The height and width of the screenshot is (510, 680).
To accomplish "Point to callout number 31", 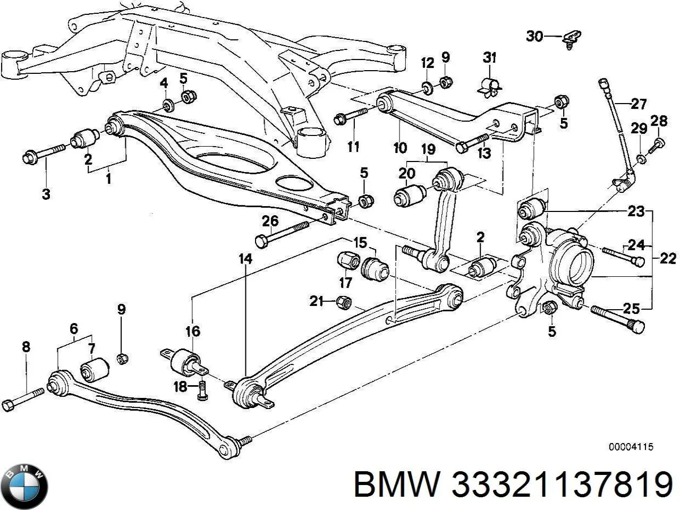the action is coord(489,58).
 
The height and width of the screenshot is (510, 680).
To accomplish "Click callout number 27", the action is coord(639,104).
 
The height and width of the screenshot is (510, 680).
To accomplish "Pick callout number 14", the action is coord(245,259).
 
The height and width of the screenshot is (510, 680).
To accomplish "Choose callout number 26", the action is coord(270,222).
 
